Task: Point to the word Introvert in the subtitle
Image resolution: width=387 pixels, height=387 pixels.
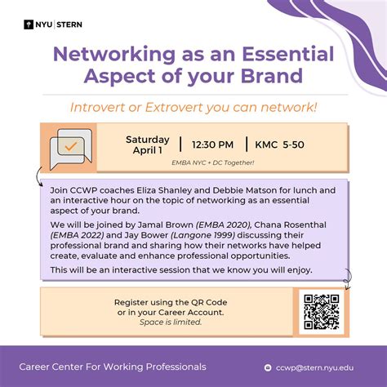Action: [127, 107]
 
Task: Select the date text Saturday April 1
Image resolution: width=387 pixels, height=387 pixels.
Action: [147, 145]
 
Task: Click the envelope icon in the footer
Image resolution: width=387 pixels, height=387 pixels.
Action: [281, 367]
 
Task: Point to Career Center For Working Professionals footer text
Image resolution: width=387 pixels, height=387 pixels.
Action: [113, 367]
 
